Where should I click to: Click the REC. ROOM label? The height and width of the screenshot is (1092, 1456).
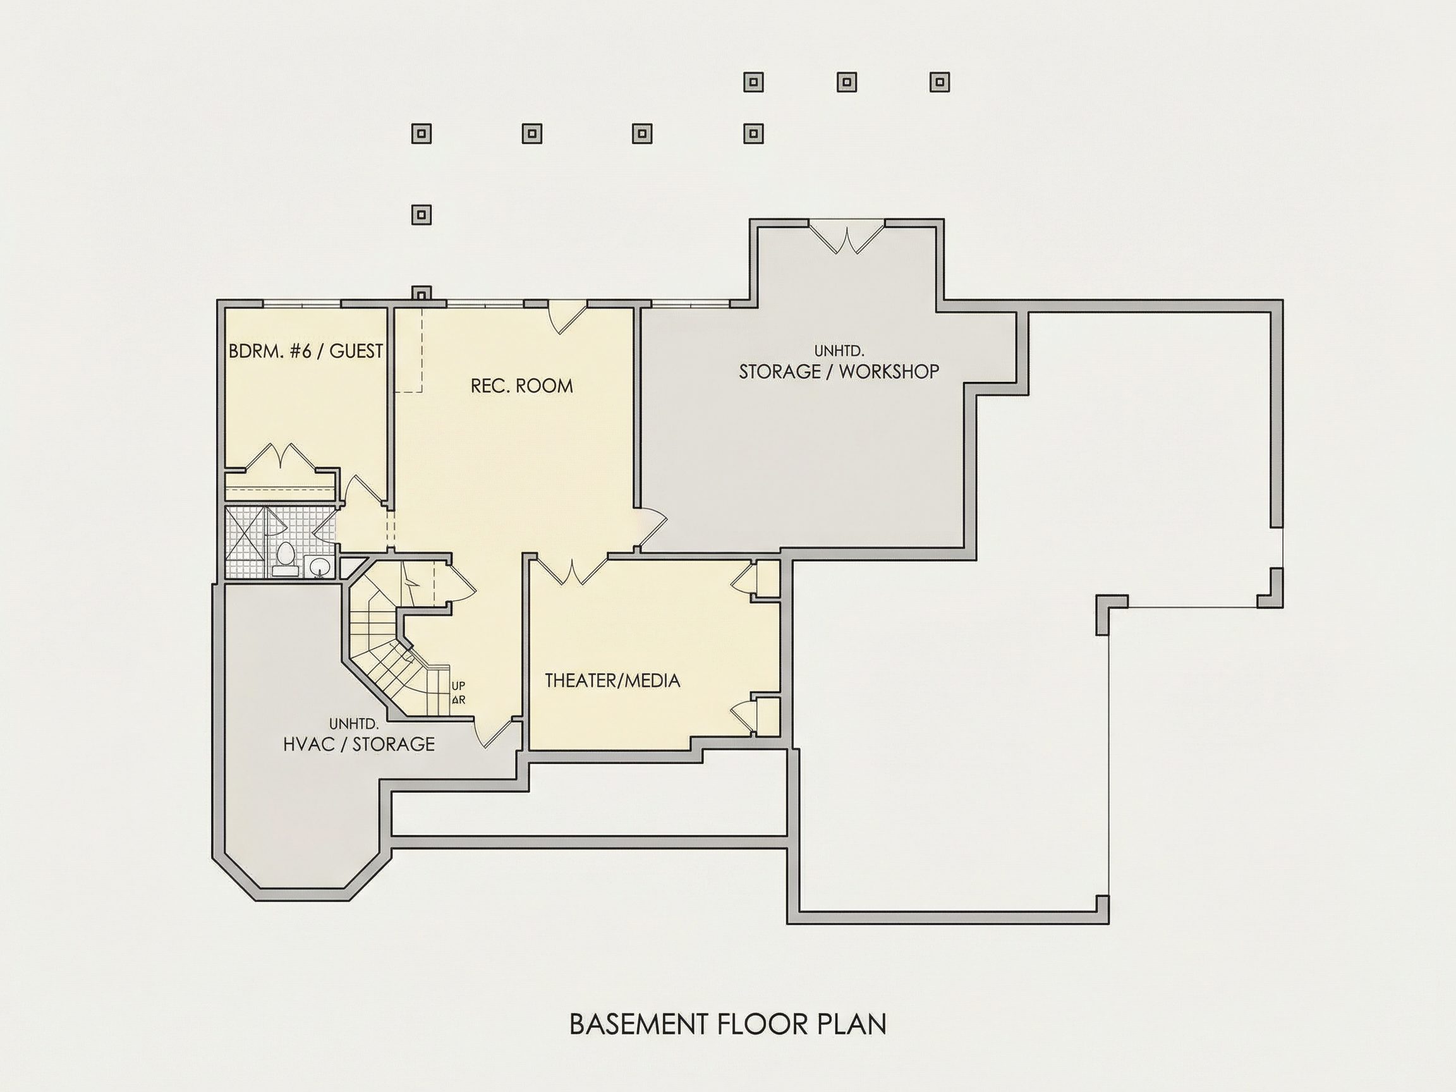[x=521, y=385]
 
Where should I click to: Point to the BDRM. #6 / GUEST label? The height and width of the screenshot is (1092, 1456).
[x=305, y=351]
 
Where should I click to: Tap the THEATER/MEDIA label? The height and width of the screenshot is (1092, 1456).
[x=612, y=681]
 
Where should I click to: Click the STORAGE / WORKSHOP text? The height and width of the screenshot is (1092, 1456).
[x=839, y=371]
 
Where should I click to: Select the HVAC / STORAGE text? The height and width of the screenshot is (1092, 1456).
[x=359, y=744]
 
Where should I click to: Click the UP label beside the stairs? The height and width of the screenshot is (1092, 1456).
[x=458, y=686]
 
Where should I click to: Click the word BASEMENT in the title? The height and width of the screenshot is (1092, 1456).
[x=638, y=1025]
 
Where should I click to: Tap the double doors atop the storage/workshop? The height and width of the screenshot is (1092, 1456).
[x=846, y=238]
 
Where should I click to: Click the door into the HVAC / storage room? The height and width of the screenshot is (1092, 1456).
[x=498, y=734]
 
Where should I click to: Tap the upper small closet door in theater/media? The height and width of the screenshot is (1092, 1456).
[x=744, y=579]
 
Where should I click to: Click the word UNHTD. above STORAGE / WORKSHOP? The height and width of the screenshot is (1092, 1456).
[x=839, y=351]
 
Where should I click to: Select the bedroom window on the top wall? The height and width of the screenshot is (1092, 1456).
[x=302, y=303]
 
